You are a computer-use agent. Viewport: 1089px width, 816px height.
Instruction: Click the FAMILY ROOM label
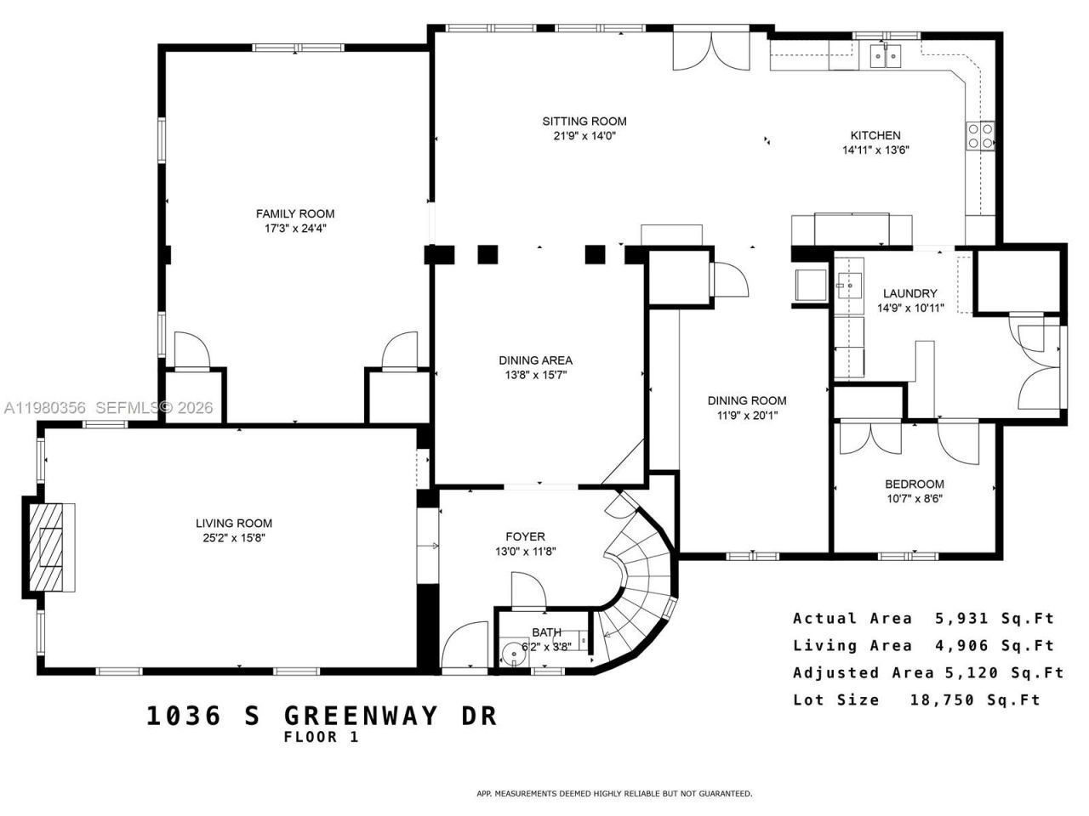(295, 213)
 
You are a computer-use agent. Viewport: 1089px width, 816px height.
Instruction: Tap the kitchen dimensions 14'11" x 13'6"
(875, 150)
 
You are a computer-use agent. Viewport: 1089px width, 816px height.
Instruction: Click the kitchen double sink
(886, 56)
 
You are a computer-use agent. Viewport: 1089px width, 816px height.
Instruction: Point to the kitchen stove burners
(980, 136)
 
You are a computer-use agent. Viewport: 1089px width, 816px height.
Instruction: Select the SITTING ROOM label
(584, 121)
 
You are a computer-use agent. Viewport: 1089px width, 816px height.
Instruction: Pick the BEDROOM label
(914, 484)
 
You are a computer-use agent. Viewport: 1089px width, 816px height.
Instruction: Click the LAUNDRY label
(909, 293)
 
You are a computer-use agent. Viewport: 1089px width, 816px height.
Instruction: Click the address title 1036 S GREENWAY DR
(322, 715)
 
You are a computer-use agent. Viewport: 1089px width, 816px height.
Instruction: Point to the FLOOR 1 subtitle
(322, 738)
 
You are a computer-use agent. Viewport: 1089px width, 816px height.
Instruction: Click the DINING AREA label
(535, 360)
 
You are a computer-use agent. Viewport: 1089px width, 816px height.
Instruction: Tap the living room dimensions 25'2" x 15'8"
(234, 537)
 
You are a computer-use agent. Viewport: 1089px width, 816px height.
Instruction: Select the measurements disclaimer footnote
(613, 793)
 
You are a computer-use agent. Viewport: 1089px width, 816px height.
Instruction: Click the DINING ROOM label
(747, 400)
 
